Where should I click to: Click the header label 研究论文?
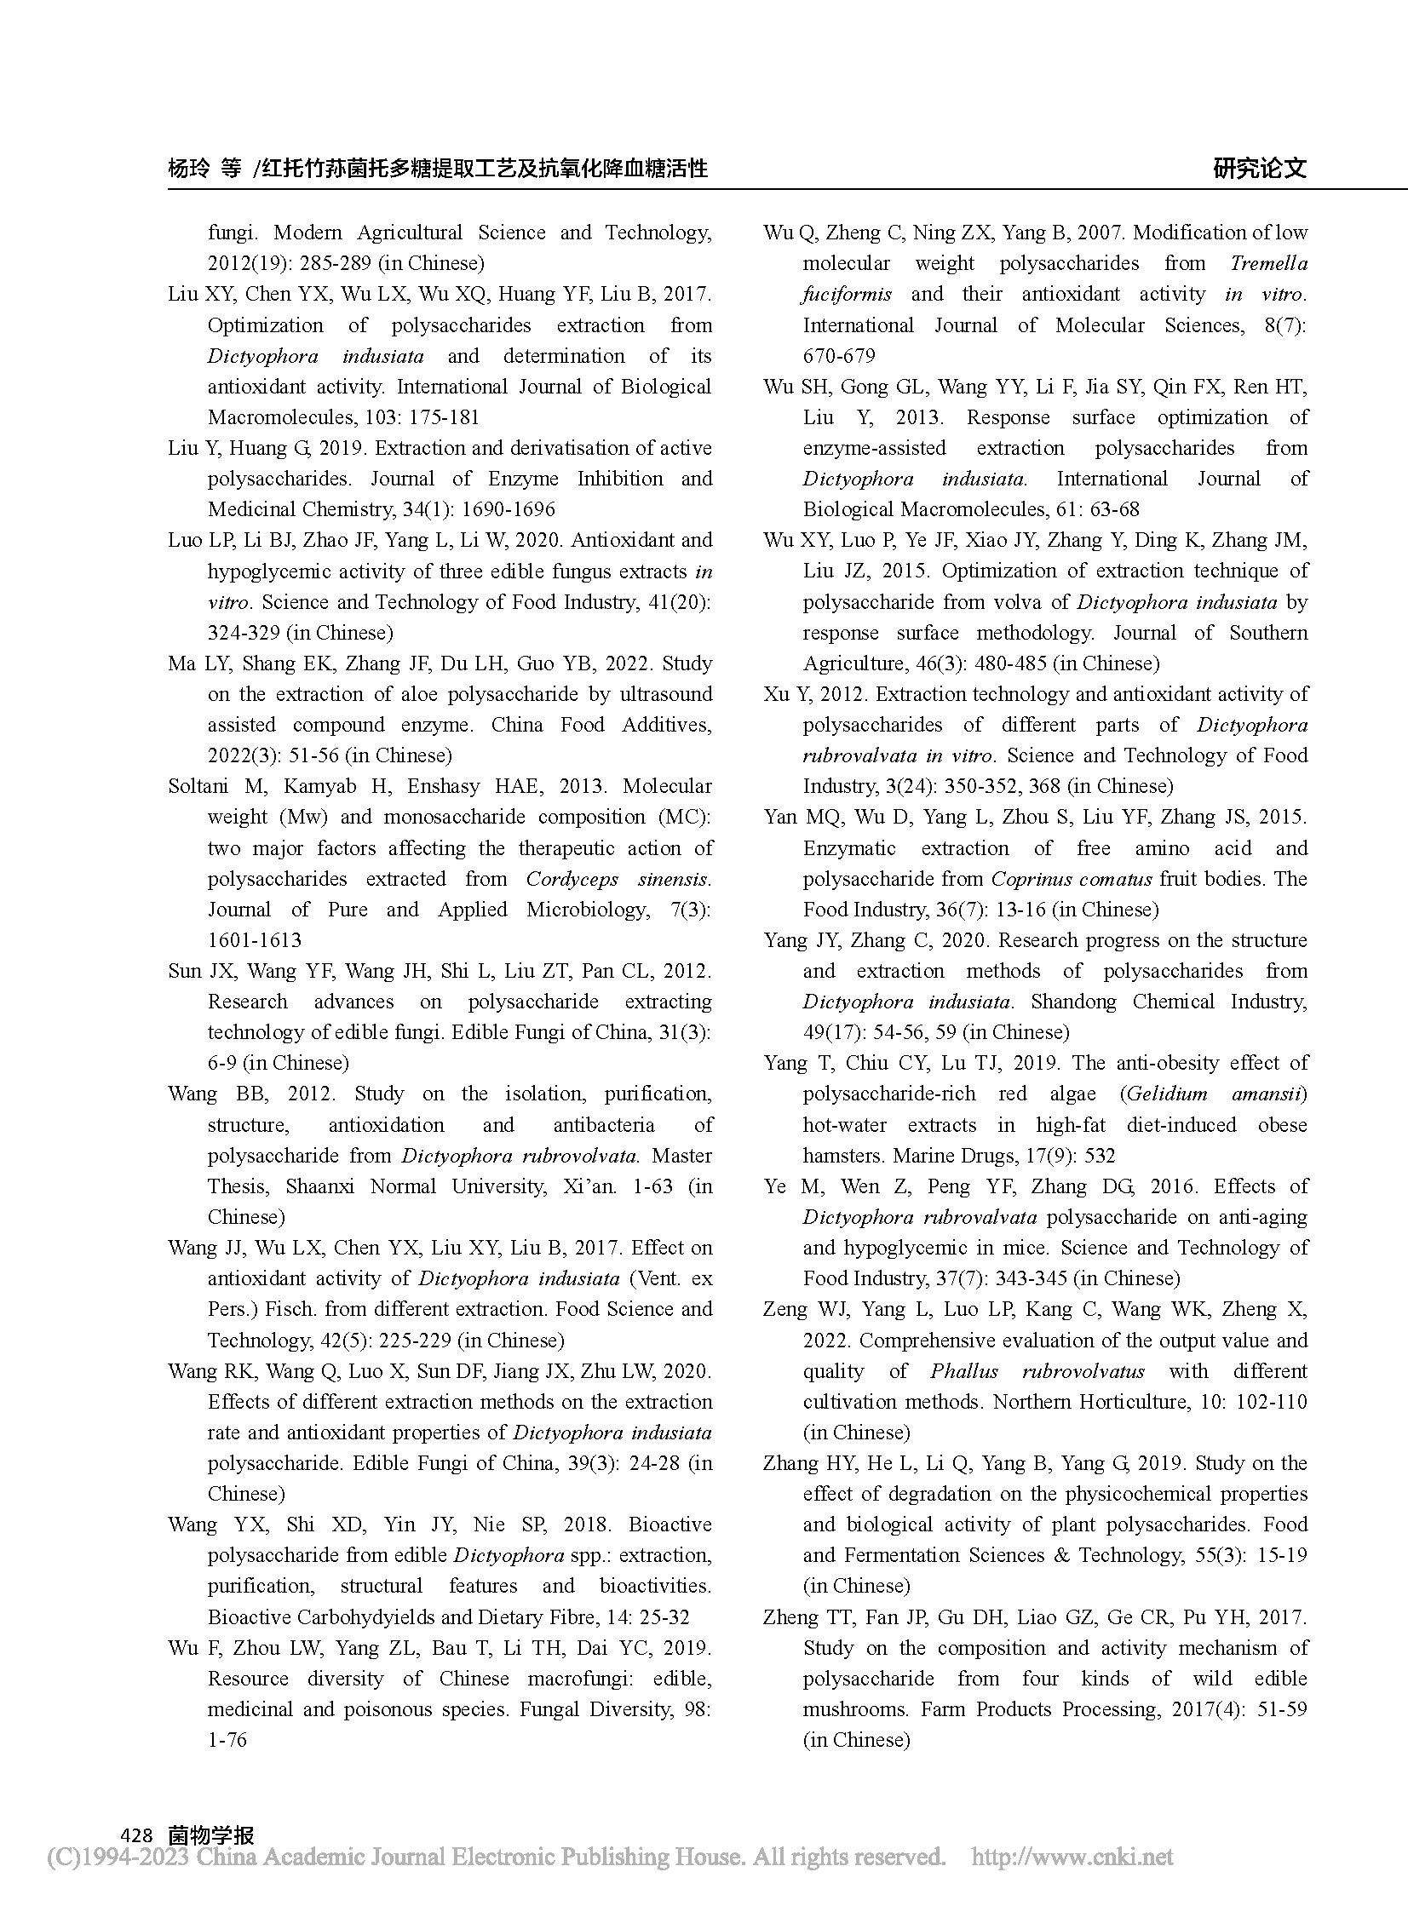point(1260,168)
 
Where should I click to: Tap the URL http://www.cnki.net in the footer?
point(1072,1857)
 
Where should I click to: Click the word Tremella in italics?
point(1268,263)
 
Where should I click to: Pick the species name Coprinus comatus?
point(1072,878)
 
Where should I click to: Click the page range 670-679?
point(839,355)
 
